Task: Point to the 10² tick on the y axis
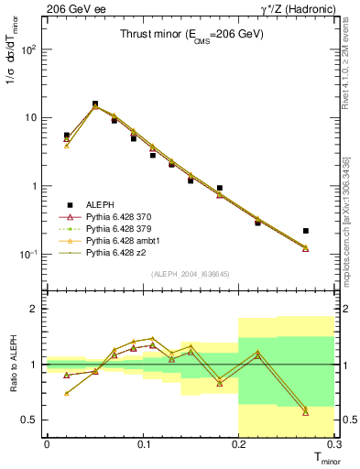point(31,49)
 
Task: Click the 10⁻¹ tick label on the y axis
point(31,254)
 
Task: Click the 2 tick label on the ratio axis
point(37,310)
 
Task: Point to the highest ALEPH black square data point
point(95,104)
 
